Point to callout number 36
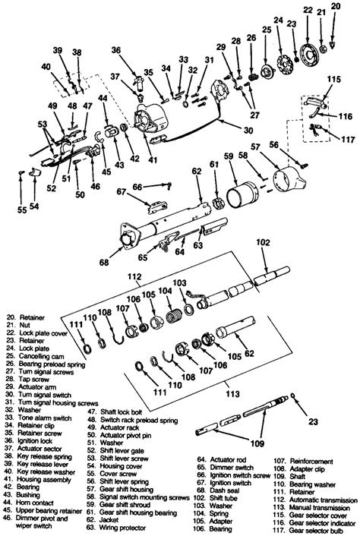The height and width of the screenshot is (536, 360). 115,50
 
